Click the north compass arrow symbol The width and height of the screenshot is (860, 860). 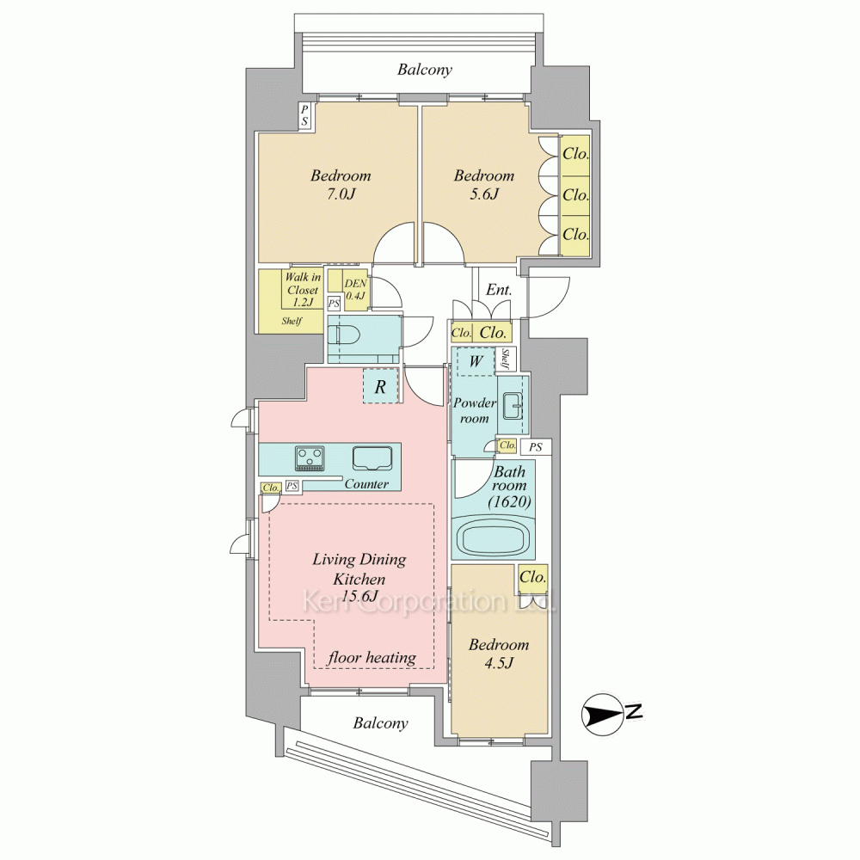[604, 714]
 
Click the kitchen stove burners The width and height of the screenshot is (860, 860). [310, 458]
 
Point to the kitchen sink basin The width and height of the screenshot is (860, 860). [372, 458]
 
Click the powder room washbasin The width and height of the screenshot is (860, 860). [513, 407]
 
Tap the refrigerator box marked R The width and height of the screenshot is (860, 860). [380, 387]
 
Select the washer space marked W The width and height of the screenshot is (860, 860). [476, 361]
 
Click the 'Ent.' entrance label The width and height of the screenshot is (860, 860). [499, 290]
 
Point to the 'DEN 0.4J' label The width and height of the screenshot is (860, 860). [355, 290]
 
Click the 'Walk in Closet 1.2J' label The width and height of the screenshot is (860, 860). [302, 290]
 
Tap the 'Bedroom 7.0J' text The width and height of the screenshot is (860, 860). [341, 185]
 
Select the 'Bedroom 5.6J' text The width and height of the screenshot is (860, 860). [483, 185]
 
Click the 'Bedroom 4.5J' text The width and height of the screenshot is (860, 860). [499, 654]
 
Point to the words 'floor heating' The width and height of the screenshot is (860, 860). [372, 658]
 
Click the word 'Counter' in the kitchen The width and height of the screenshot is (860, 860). [366, 483]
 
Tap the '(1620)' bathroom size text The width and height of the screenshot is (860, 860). [509, 501]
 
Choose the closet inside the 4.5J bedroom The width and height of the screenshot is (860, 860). [532, 579]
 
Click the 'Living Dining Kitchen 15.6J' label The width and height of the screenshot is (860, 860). [359, 578]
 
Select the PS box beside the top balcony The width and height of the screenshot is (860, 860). [304, 116]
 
